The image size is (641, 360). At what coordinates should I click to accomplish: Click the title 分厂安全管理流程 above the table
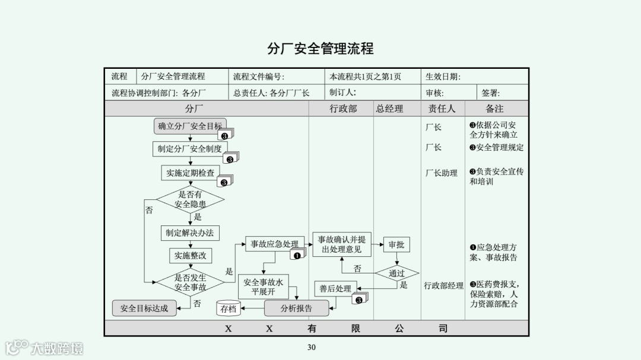click(320, 48)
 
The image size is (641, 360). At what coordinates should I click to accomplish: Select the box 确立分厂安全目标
click(190, 126)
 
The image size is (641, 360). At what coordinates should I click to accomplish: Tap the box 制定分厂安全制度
click(189, 149)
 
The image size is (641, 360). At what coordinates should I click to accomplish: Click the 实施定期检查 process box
click(191, 173)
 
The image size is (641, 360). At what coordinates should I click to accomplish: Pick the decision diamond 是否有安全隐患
click(190, 199)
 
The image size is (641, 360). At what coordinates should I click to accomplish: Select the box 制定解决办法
click(190, 232)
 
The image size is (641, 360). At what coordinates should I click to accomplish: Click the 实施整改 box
click(190, 256)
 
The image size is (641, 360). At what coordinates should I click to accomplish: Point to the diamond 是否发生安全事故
click(190, 282)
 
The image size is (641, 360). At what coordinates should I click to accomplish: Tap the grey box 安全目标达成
click(144, 308)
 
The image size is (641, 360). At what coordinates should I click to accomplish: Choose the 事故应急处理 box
click(274, 244)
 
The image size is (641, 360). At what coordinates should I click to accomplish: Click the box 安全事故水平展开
click(263, 287)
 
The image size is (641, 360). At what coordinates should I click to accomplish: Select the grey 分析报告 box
click(296, 308)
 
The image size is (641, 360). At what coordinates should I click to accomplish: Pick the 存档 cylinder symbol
click(229, 308)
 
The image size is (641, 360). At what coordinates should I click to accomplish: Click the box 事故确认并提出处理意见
click(341, 244)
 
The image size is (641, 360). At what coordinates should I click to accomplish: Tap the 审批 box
click(396, 244)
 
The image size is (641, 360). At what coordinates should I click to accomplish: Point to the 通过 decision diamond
click(396, 273)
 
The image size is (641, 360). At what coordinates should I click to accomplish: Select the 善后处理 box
click(335, 289)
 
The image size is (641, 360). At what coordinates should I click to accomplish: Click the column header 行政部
click(343, 109)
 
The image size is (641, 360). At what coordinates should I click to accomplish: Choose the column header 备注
click(494, 109)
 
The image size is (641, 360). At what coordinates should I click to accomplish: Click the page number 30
click(311, 348)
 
